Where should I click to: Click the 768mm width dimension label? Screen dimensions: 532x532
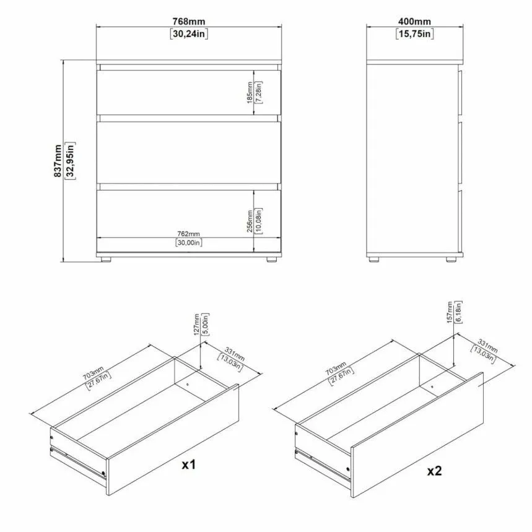[x=189, y=22]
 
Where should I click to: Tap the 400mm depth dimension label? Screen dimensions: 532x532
[x=414, y=22]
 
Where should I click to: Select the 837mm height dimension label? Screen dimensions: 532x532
[x=58, y=161]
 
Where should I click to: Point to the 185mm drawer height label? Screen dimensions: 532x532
[x=250, y=93]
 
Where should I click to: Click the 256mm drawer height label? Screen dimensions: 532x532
[x=250, y=221]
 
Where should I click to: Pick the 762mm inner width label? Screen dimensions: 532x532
[x=189, y=233]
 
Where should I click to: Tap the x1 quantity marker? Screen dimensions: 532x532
[x=189, y=465]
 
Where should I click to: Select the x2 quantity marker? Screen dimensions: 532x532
[x=434, y=471]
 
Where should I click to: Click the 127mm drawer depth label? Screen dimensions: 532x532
[x=197, y=325]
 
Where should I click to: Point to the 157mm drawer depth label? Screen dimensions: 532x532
[x=450, y=312]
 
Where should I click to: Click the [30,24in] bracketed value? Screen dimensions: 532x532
[x=189, y=34]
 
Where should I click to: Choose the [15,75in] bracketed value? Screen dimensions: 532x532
[x=414, y=34]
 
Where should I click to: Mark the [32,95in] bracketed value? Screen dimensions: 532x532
[x=70, y=161]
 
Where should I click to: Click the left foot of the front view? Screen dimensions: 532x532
[x=106, y=259]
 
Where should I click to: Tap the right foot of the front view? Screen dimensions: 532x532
[x=271, y=259]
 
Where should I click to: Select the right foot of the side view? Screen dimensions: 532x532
[x=451, y=259]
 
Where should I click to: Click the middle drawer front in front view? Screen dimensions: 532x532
[x=189, y=152]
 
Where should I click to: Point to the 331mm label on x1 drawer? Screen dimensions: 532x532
[x=235, y=354]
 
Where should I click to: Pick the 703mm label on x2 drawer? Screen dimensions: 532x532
[x=336, y=368]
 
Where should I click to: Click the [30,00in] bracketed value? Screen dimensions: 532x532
[x=189, y=243]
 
